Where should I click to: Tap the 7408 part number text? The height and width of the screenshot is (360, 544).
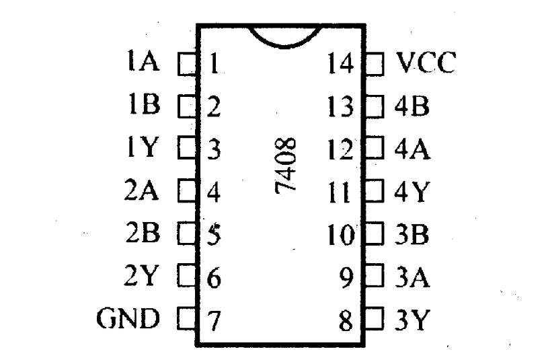[x=288, y=167]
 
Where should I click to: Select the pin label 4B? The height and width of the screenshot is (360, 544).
[x=412, y=106]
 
